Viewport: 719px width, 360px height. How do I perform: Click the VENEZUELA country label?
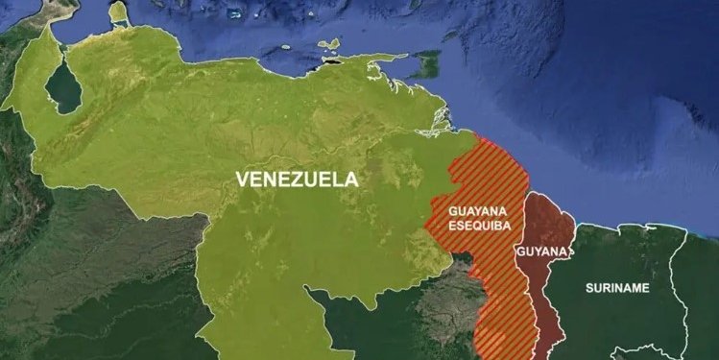297,179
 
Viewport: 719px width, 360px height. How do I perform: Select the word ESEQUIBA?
479,226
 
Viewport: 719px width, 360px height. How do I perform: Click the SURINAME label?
618,288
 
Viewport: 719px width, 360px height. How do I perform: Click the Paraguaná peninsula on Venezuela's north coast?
118,13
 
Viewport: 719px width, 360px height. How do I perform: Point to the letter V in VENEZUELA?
241,179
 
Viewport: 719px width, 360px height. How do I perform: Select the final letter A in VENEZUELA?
351,179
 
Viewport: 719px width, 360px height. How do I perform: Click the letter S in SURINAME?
589,288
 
